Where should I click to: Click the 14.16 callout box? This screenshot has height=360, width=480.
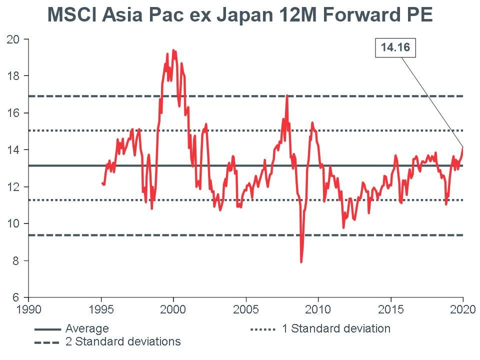tap(395, 48)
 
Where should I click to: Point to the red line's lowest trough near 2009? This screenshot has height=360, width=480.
tap(301, 261)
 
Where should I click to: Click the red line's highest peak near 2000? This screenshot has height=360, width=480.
tap(173, 50)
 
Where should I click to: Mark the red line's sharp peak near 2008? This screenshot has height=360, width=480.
tap(287, 95)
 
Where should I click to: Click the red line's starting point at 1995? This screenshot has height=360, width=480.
tap(102, 183)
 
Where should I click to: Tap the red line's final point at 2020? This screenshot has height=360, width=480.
tap(462, 147)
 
